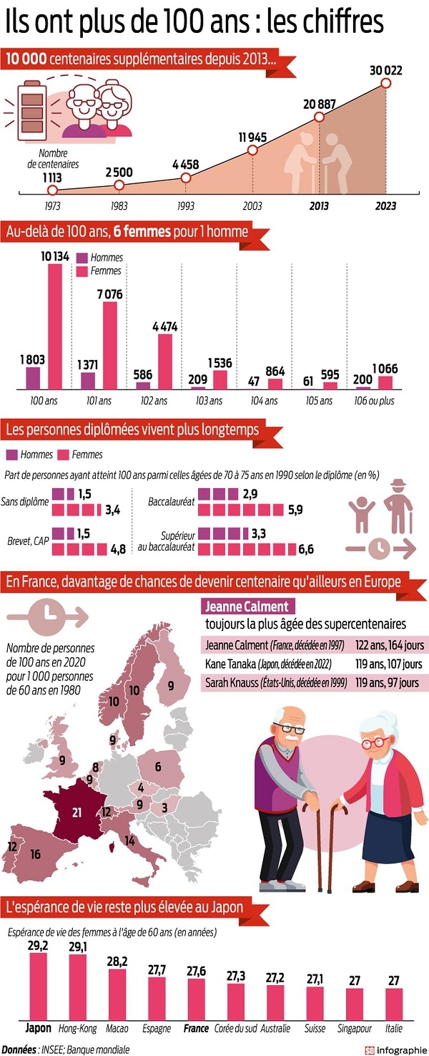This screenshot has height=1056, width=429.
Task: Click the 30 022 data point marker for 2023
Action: tap(386, 84)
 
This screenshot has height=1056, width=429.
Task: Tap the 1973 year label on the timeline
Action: tap(51, 205)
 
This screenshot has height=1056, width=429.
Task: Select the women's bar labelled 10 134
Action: tap(55, 326)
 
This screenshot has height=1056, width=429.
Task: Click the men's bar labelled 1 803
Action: tap(33, 377)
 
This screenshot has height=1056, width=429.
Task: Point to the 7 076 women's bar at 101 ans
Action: tap(109, 344)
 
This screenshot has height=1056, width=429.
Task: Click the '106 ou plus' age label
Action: tap(375, 401)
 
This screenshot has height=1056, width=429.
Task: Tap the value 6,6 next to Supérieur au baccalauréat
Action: tap(305, 549)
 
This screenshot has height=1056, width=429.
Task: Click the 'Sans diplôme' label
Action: tap(24, 501)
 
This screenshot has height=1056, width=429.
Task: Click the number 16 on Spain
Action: tap(35, 853)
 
